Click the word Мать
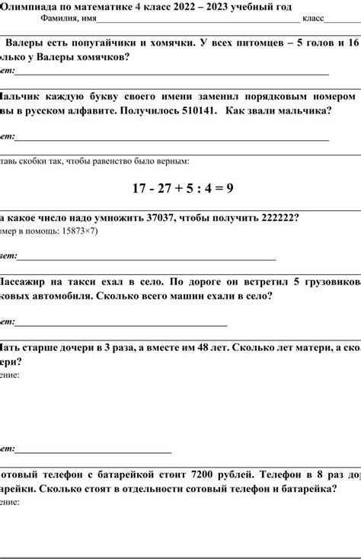click(13, 347)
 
